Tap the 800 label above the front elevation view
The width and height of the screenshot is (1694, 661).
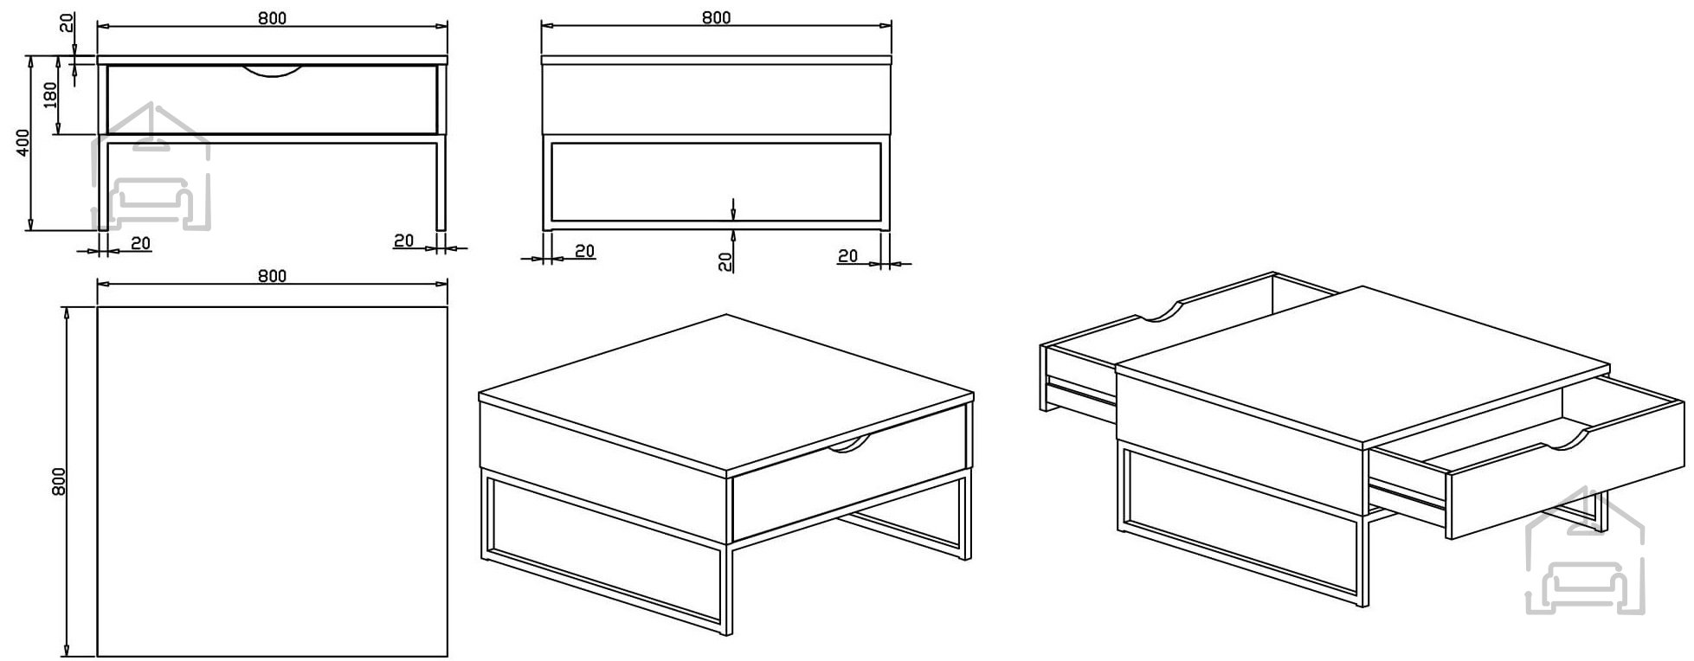click(x=272, y=18)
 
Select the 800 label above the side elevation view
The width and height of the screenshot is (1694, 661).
click(x=717, y=18)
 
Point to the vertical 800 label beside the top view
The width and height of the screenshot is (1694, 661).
click(x=59, y=481)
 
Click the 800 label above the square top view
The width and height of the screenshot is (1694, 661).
click(x=272, y=277)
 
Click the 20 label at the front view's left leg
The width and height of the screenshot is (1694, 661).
click(x=141, y=243)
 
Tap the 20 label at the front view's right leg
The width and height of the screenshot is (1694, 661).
click(x=404, y=241)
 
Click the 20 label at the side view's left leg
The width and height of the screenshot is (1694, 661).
click(x=585, y=251)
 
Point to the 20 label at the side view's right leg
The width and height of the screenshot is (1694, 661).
click(x=848, y=256)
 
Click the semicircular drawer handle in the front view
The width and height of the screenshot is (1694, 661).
click(x=273, y=71)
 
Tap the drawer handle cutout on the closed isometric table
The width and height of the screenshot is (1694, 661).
click(x=848, y=445)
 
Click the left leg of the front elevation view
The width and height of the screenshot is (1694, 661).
click(x=102, y=183)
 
